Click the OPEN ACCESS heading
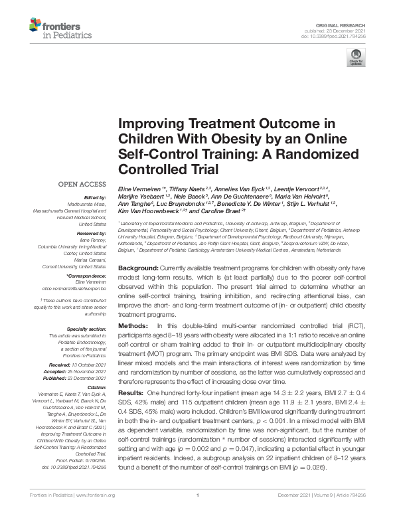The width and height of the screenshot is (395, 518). point(81,184)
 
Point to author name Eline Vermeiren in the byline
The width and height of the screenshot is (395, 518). point(142,190)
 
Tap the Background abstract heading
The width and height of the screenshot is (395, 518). point(139,266)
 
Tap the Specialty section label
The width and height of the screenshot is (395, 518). point(86,329)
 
